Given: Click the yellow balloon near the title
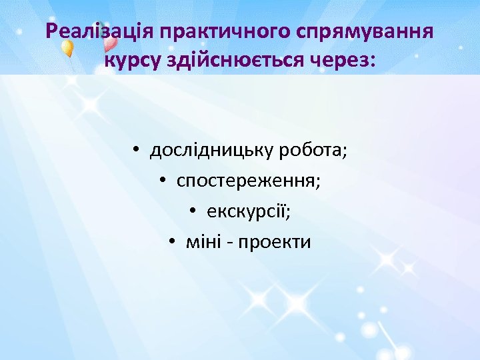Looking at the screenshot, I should pyautogui.click(x=67, y=49).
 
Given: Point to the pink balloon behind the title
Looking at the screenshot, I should pyautogui.click(x=111, y=44).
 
